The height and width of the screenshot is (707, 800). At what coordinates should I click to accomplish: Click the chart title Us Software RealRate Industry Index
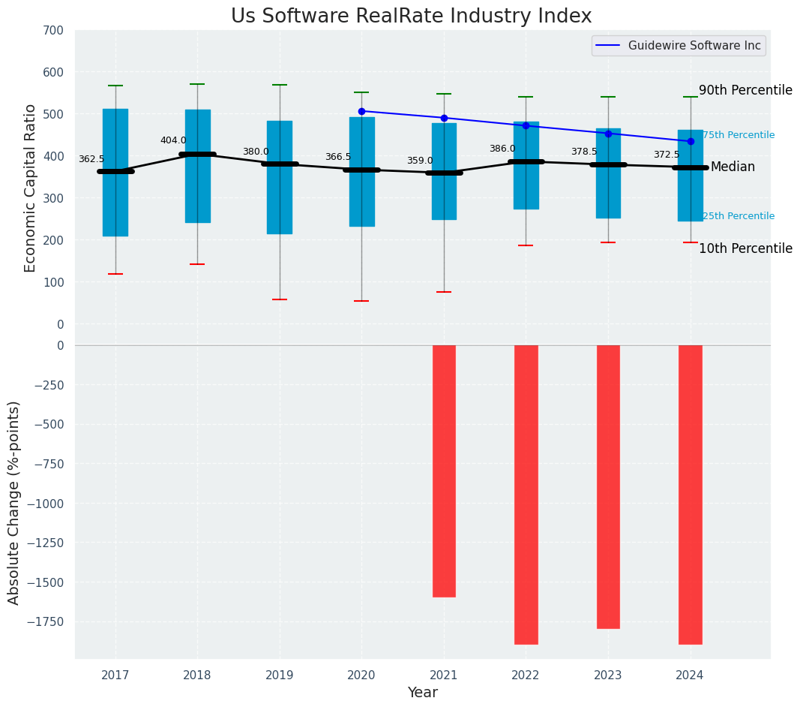tap(411, 17)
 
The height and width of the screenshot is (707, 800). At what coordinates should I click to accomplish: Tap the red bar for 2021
tap(444, 471)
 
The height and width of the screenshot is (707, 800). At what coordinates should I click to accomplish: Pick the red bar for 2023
tap(608, 486)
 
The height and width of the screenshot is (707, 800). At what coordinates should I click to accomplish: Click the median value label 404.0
tap(173, 140)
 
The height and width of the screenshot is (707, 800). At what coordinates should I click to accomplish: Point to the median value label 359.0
tap(420, 161)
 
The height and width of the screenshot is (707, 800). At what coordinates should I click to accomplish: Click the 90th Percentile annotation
tap(745, 90)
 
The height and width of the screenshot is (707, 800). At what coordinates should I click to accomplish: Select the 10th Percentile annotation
tap(745, 248)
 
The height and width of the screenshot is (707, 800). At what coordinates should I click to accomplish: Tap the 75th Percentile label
tap(739, 135)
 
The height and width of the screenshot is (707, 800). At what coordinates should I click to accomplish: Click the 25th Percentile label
tap(739, 216)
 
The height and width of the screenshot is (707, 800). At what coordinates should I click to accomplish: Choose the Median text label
tap(733, 167)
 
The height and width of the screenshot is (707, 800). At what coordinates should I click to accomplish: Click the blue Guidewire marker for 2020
tap(361, 111)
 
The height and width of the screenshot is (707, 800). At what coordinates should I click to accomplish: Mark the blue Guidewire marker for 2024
tap(691, 141)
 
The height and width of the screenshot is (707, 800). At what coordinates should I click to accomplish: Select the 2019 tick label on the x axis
tap(280, 675)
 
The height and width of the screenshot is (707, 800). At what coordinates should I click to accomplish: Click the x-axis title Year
tap(422, 693)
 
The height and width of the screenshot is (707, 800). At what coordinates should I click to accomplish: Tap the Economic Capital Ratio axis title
tap(30, 188)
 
